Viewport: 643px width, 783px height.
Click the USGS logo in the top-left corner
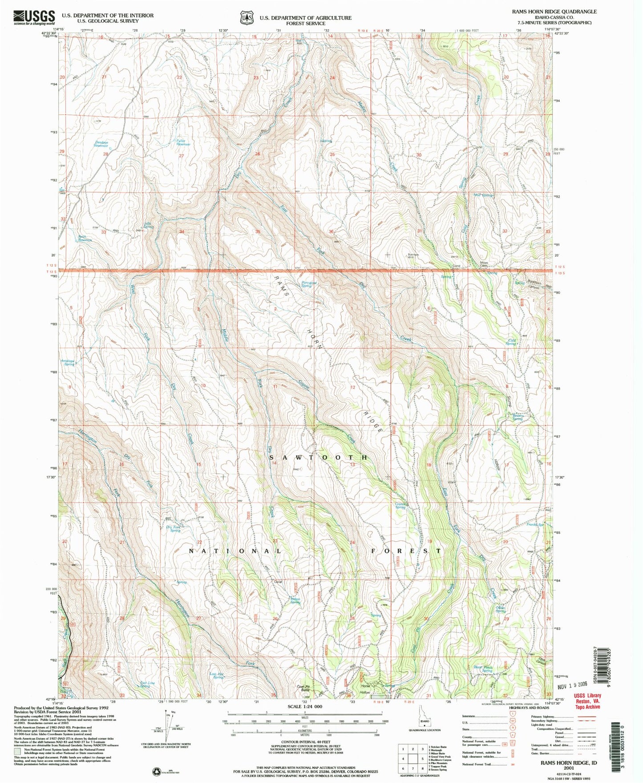[34, 17]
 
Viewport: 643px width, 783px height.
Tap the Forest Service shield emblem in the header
[246, 17]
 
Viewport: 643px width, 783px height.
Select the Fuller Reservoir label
[181, 142]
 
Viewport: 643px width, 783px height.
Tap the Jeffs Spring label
[148, 225]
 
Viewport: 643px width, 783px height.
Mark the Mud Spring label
[483, 195]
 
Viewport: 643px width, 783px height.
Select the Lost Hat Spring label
[217, 675]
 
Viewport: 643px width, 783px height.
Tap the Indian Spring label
[295, 600]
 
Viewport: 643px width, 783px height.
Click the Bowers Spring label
[517, 417]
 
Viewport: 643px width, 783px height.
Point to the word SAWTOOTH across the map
[319, 458]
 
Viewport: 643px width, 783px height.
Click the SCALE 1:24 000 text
[305, 706]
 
